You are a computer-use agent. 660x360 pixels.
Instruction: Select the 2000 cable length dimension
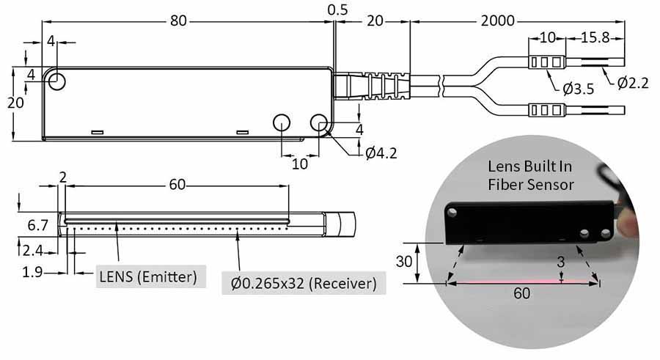tap(498, 21)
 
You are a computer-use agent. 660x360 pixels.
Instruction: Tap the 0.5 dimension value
tap(338, 10)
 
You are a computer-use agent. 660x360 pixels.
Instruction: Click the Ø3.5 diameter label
tap(578, 89)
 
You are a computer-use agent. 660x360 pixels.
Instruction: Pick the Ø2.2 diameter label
tap(632, 82)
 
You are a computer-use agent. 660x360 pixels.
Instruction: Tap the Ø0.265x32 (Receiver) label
tap(304, 282)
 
